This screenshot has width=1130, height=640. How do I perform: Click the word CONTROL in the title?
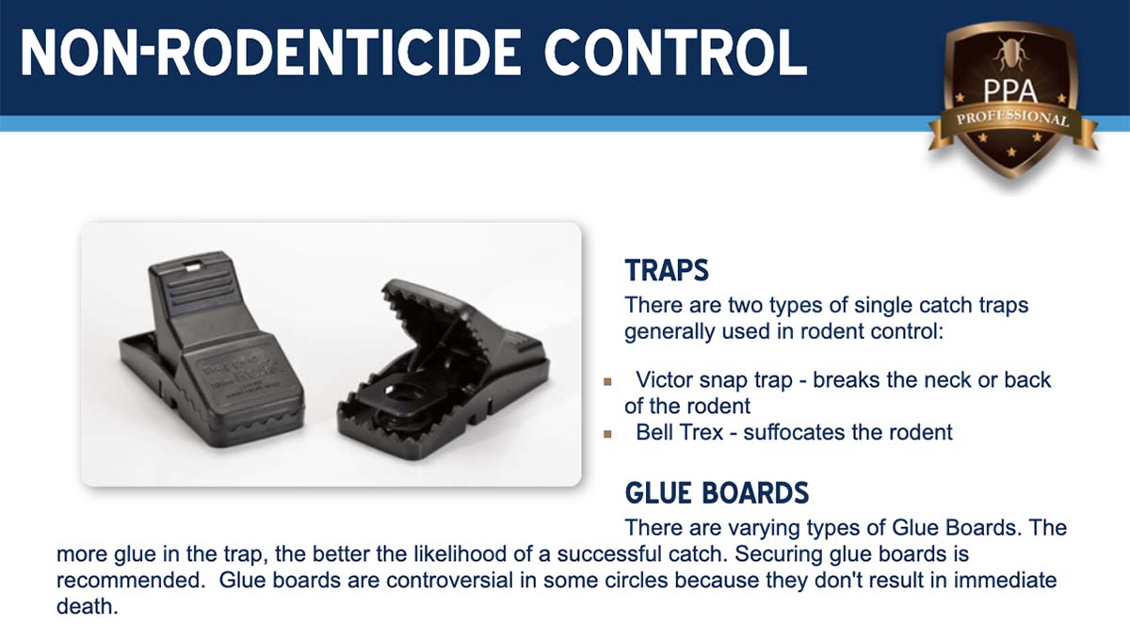pos(676,53)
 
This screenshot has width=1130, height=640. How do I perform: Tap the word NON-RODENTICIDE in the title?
pos(271,53)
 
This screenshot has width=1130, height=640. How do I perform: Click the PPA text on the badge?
pos(1009,91)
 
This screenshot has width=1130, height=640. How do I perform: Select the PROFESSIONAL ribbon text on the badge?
pos(1012,118)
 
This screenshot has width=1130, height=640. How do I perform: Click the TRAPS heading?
pos(667,270)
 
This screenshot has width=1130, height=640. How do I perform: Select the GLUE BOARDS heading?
pos(717,493)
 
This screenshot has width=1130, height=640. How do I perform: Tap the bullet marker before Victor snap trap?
pos(608,382)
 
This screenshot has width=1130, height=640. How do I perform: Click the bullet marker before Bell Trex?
pos(608,434)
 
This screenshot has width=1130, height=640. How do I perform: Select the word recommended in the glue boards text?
pos(128,580)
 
